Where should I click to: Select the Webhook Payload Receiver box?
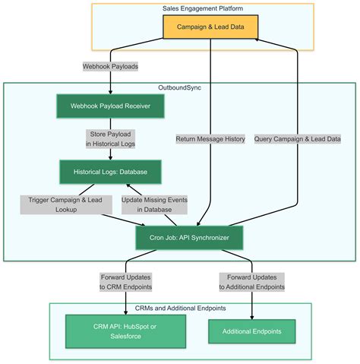coord(110,106)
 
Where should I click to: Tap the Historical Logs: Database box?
coord(110,171)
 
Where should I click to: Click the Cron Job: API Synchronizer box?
coord(189,237)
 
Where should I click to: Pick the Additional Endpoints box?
coord(251,332)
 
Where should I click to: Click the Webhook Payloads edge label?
coord(111,66)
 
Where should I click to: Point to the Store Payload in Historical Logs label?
coord(110,138)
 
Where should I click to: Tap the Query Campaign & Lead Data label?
coord(297,138)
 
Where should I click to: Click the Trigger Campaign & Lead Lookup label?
coord(66,204)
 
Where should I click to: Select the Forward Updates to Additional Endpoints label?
coord(251,281)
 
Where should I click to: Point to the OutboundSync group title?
coord(180,88)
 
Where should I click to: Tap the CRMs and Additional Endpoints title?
coord(181,309)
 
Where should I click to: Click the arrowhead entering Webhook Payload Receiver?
coord(110,90)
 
